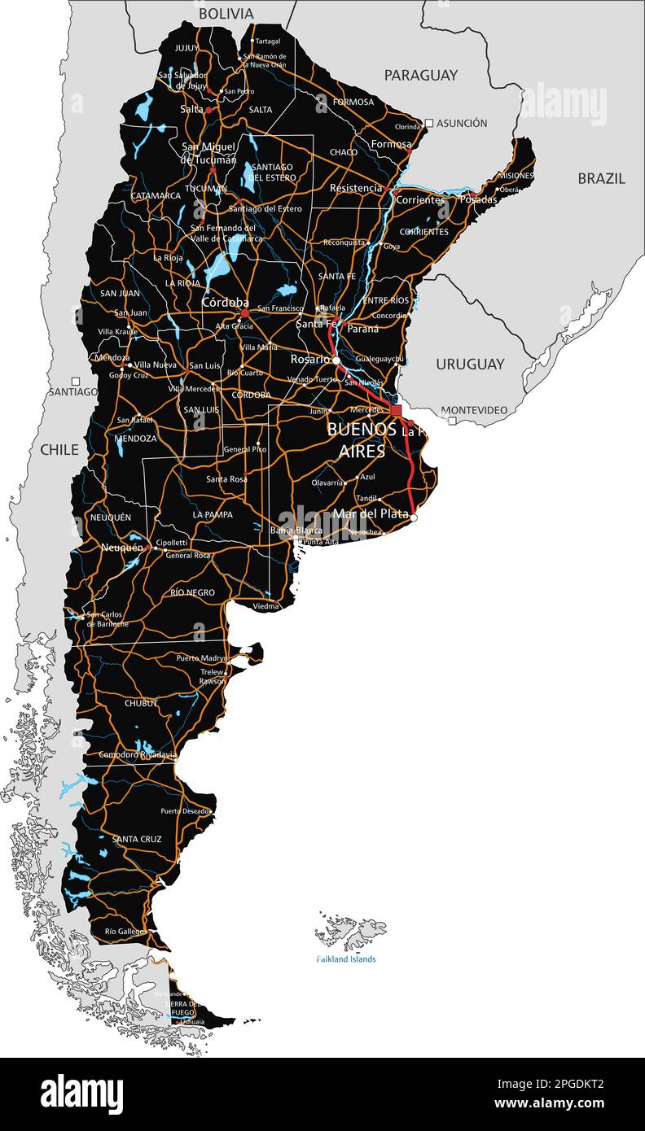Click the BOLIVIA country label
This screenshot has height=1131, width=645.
(x=226, y=14)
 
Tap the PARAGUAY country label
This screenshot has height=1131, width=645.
(x=421, y=75)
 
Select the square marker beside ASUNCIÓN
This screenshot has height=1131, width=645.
(x=429, y=123)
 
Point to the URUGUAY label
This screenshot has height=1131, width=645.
(x=470, y=364)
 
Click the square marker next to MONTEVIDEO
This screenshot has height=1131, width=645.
(x=452, y=420)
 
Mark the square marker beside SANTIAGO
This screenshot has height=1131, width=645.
(x=76, y=381)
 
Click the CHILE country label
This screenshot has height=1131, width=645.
(x=59, y=449)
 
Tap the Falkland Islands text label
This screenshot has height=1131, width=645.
(x=346, y=959)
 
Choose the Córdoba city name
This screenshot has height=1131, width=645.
(x=226, y=302)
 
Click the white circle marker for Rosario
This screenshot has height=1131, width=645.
(x=336, y=360)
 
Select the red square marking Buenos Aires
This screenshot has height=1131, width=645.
(x=397, y=410)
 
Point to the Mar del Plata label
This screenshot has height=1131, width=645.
(x=371, y=513)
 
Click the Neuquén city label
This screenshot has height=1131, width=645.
(x=121, y=548)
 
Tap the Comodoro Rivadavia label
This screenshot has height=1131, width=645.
(x=138, y=754)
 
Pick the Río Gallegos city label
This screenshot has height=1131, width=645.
(x=126, y=931)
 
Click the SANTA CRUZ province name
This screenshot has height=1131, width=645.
(x=137, y=839)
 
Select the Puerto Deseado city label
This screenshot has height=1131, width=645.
(x=184, y=811)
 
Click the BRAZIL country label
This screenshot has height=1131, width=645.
(x=602, y=178)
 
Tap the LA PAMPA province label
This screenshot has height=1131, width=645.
(x=213, y=514)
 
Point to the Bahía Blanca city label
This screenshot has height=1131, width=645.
(x=296, y=531)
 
